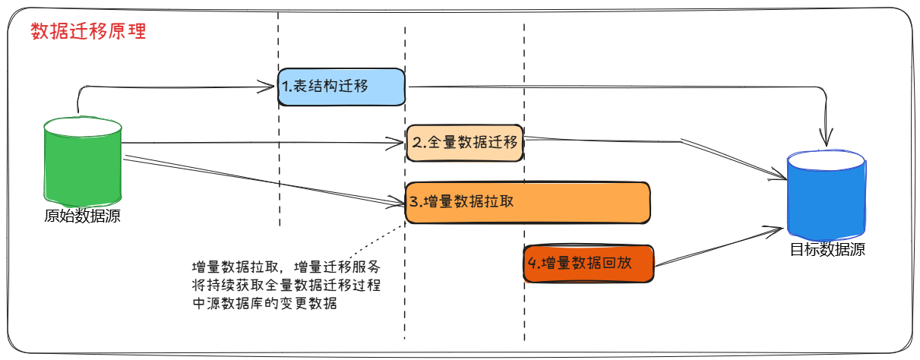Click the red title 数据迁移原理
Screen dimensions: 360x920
(x=88, y=32)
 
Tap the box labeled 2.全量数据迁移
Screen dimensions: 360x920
(x=464, y=142)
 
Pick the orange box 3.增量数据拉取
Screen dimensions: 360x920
(x=527, y=202)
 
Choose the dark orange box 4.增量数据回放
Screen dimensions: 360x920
(x=588, y=264)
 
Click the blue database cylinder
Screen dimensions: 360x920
(x=826, y=194)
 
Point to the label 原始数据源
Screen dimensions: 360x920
(x=83, y=216)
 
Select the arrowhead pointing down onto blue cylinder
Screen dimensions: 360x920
(x=826, y=139)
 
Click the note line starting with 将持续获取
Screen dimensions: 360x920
(x=286, y=286)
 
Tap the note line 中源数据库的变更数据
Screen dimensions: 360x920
(x=264, y=304)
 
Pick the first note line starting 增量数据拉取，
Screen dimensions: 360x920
(x=286, y=267)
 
